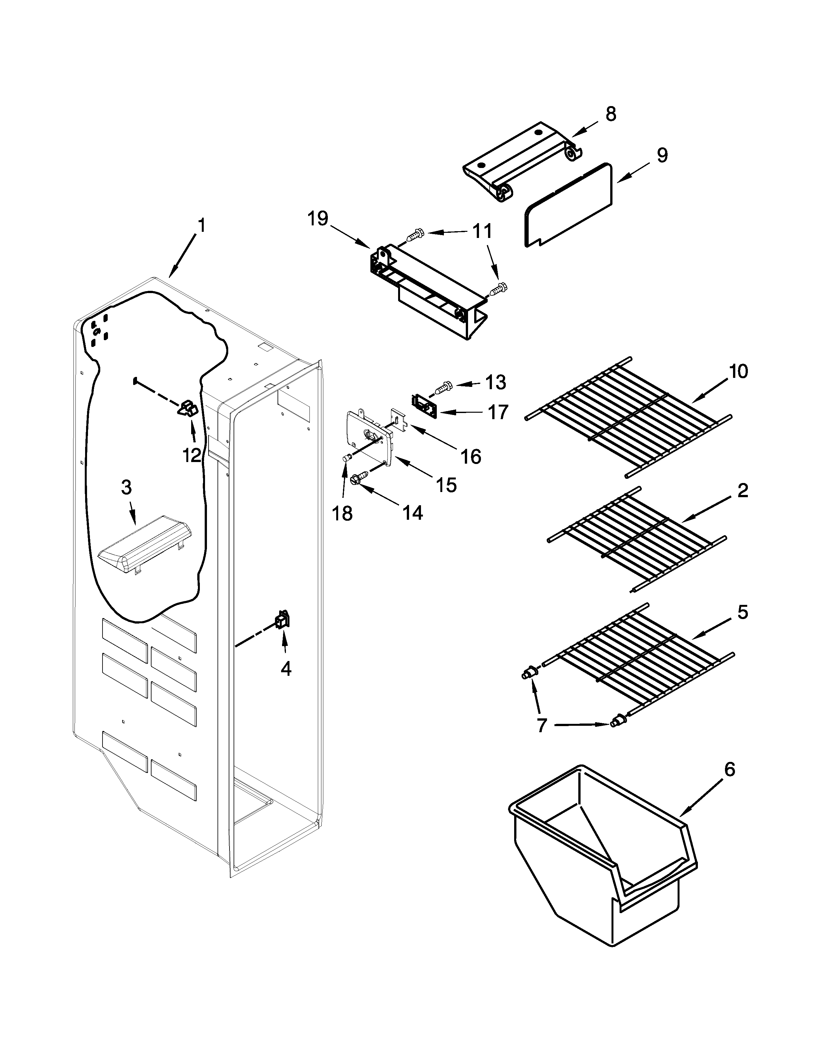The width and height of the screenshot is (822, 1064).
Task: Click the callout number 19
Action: pyautogui.click(x=318, y=219)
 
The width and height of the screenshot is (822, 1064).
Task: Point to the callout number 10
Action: pyautogui.click(x=738, y=372)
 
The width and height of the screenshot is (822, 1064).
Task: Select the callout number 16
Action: pyautogui.click(x=471, y=457)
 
